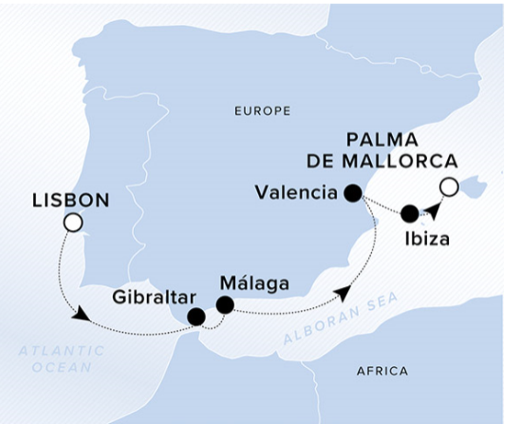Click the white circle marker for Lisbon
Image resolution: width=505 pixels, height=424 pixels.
[x=73, y=223]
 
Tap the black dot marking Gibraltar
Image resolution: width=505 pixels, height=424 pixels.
[x=196, y=317]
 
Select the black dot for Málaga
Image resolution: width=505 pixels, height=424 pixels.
[x=225, y=304]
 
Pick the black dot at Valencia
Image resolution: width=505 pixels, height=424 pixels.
[x=353, y=193]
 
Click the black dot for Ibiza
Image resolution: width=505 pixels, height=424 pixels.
[x=410, y=213]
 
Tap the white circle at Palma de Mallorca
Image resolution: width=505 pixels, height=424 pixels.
[x=449, y=187]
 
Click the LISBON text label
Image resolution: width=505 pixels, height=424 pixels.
[x=71, y=201]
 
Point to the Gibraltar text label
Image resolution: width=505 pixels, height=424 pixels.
[x=154, y=297]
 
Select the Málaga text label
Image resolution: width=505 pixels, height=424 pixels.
[x=254, y=283]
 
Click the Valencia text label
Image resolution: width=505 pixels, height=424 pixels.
[x=297, y=193]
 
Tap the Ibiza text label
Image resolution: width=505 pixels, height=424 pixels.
[x=427, y=239]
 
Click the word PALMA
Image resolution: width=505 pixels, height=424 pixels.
[x=382, y=141]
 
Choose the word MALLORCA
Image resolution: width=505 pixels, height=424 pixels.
[x=399, y=161]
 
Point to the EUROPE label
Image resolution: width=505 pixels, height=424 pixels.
[x=263, y=111]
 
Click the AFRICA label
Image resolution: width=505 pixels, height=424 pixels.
[x=382, y=372]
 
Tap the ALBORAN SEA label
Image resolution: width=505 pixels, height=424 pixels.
[x=341, y=318]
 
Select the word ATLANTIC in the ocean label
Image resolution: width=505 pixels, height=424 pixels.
[x=62, y=350]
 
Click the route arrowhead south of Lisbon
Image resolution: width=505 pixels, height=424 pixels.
[x=81, y=315]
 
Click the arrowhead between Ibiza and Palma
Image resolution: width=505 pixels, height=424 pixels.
[x=432, y=211]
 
